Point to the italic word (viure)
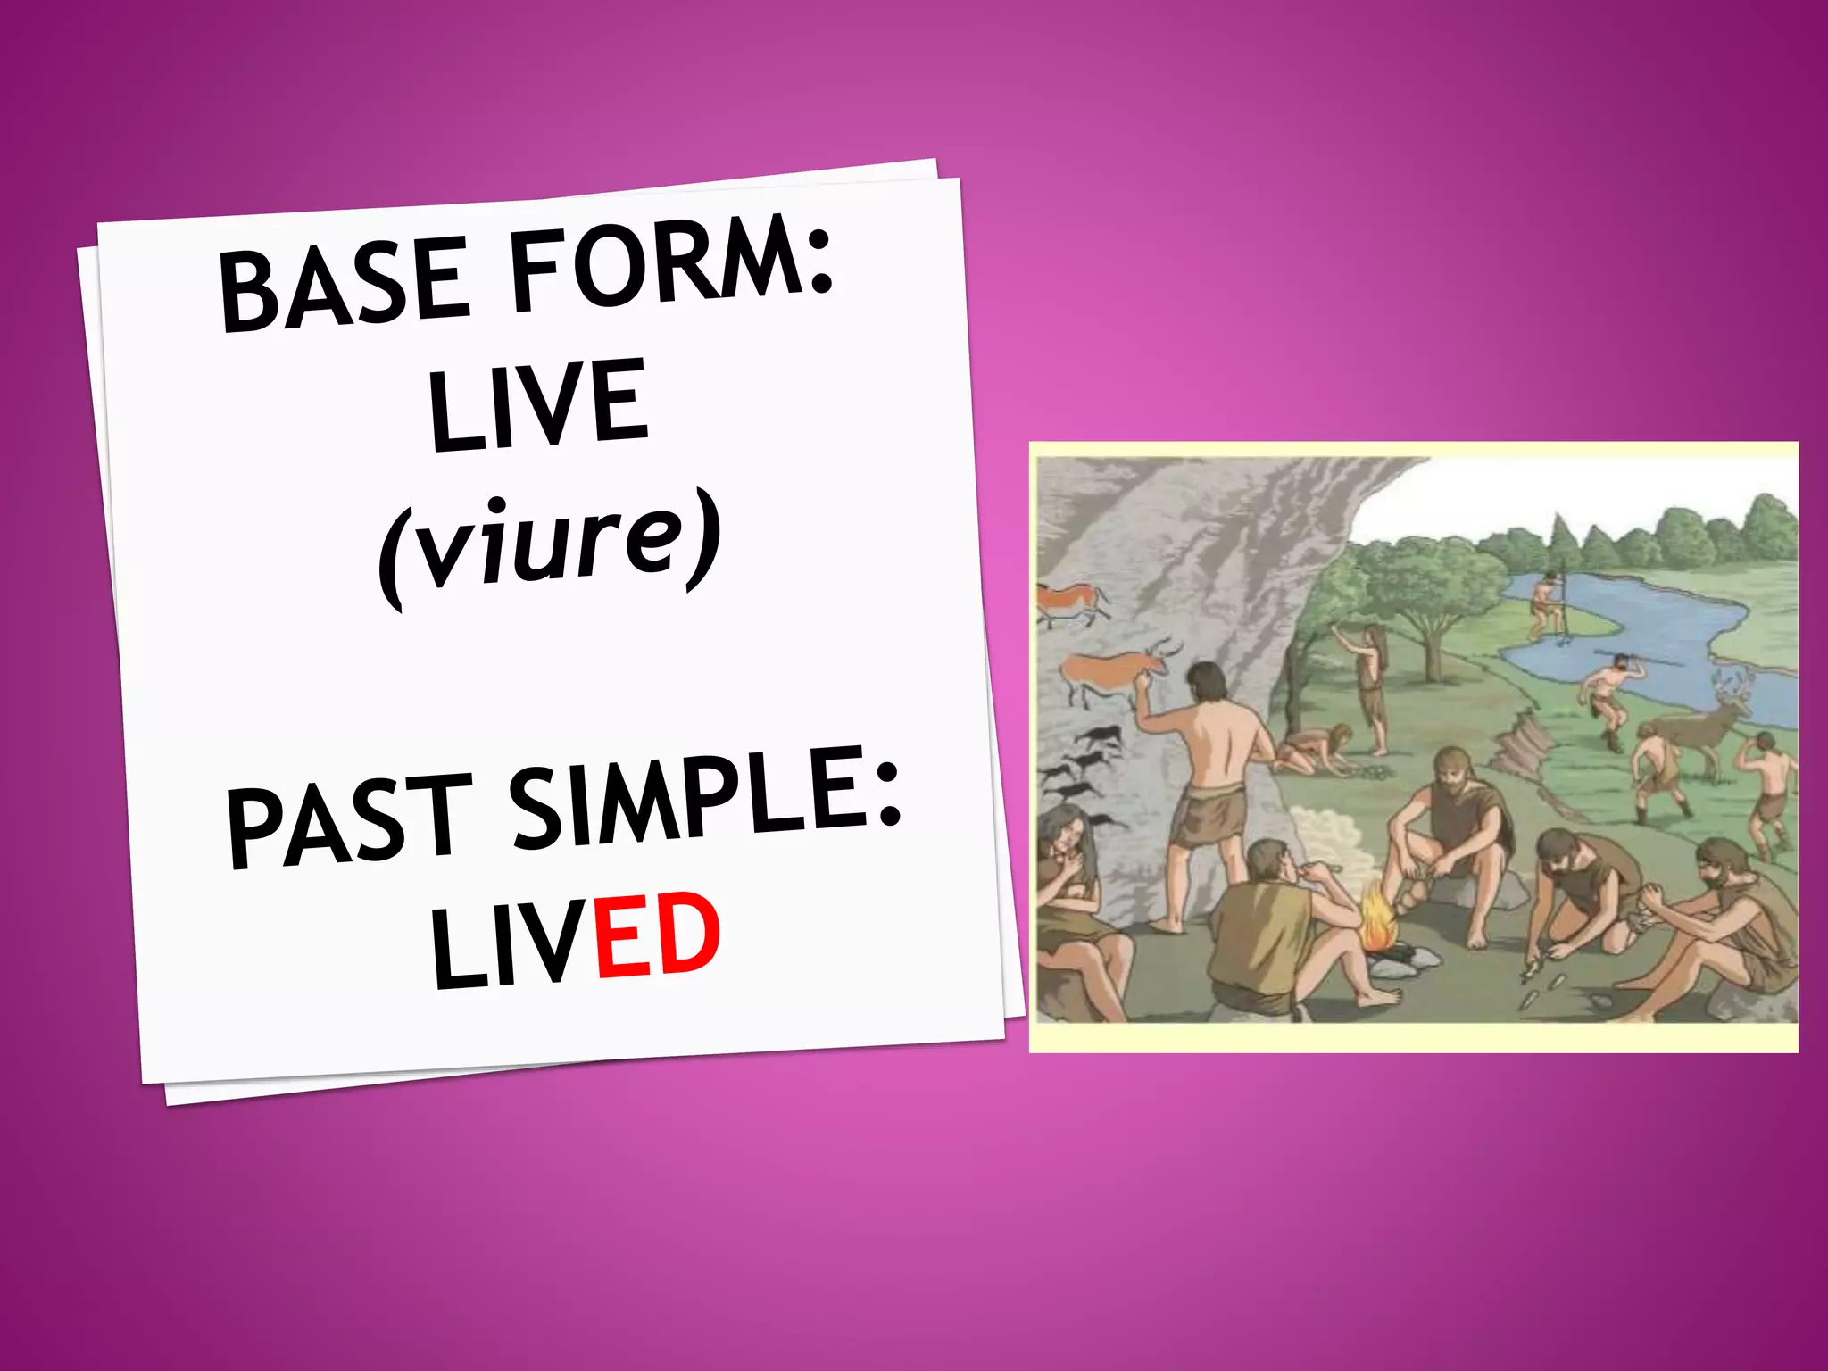click(x=549, y=546)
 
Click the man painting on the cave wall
click(x=1214, y=785)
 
